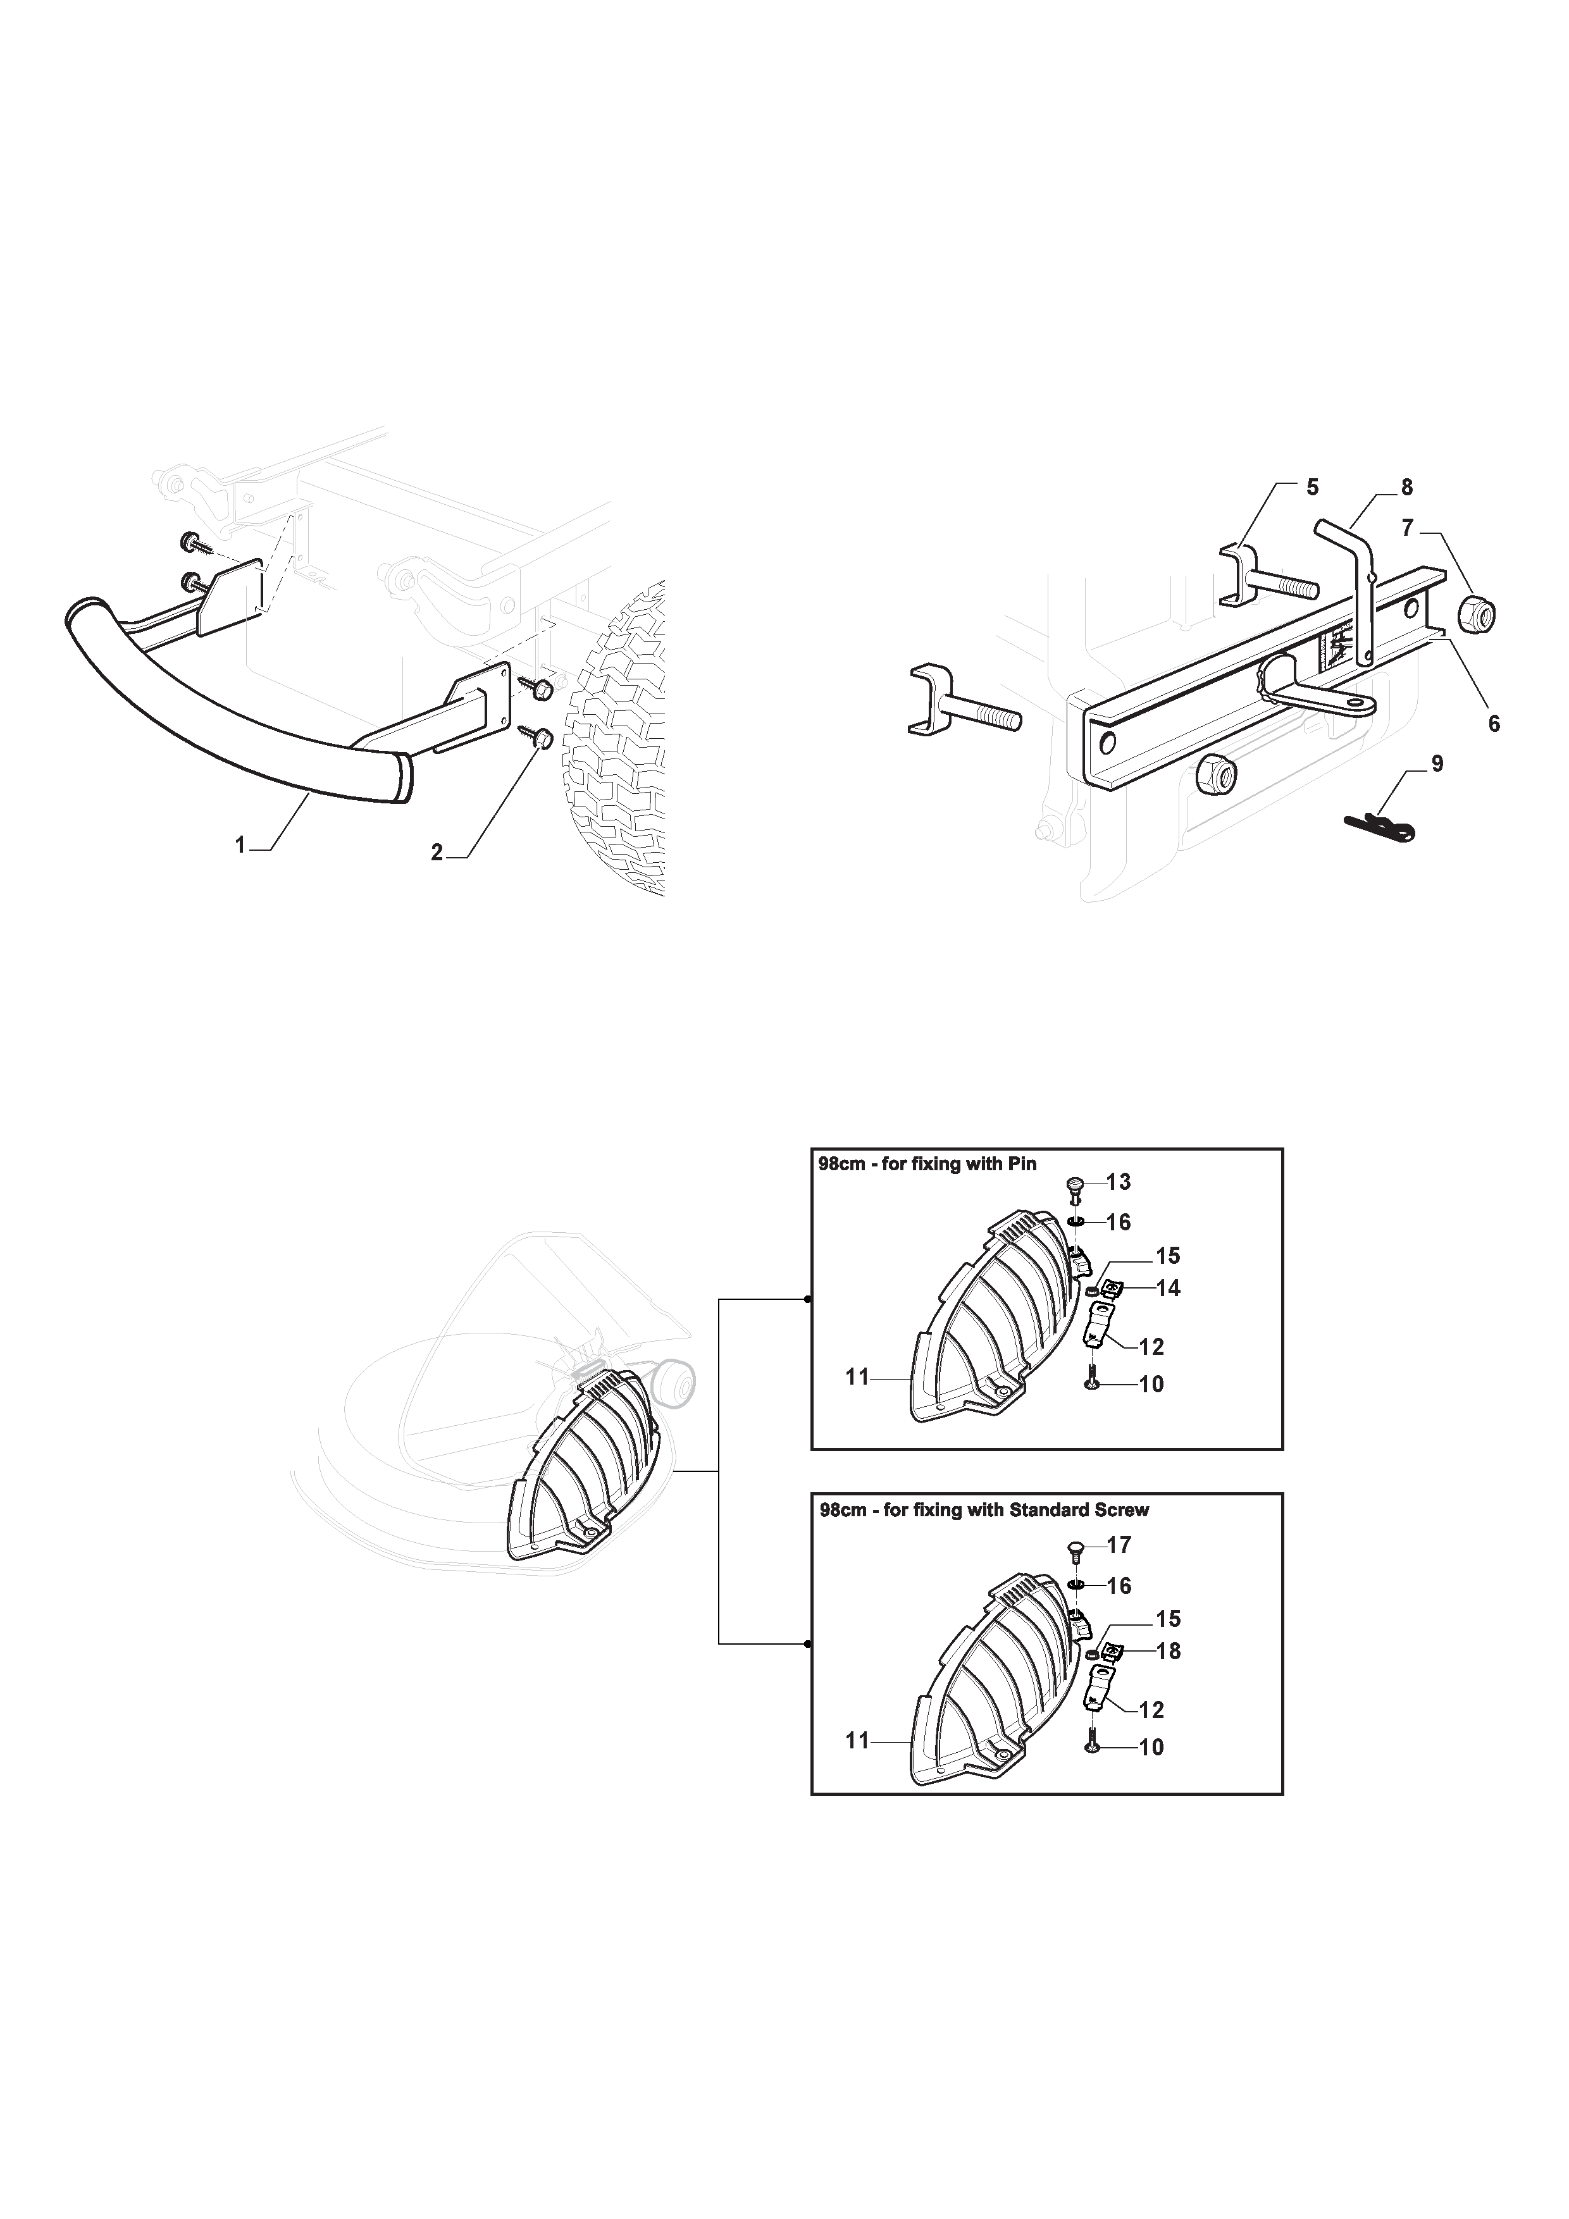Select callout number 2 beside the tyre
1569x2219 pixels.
(437, 853)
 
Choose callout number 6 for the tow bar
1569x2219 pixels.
(1494, 723)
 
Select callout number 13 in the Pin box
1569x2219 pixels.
(1119, 1182)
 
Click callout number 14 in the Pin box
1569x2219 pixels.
(1168, 1289)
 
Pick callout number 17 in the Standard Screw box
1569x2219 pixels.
(1119, 1545)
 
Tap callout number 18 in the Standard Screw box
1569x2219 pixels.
(1168, 1652)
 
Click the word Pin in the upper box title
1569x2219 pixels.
(1022, 1164)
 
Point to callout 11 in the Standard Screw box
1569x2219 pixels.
(857, 1741)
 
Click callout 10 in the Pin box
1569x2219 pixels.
(1151, 1384)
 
